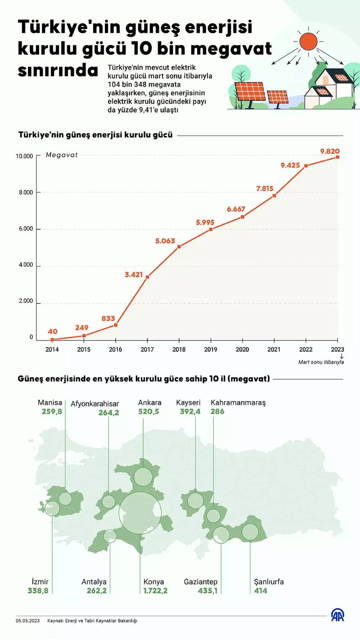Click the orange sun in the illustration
308,41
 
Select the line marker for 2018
179,246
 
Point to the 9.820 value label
330,151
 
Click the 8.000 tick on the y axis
26,192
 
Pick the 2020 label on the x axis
243,349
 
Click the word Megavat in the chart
62,155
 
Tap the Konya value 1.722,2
155,590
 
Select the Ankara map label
150,402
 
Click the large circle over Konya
140,513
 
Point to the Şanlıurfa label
269,581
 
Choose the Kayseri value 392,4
188,411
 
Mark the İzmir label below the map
40,581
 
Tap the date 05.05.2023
28,621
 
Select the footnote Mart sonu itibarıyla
321,362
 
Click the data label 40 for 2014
52,332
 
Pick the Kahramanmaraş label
238,402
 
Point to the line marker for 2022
306,166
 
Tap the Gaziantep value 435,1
207,590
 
